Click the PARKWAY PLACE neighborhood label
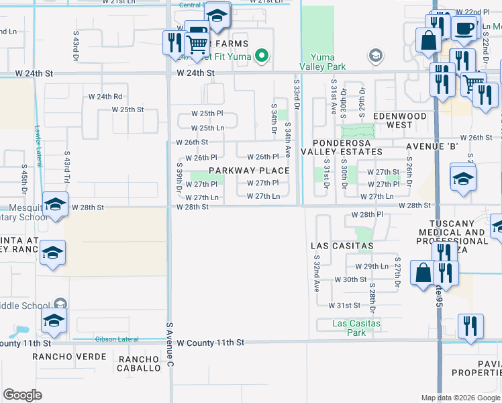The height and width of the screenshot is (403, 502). point(249,171)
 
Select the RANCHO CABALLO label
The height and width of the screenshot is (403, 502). point(140,363)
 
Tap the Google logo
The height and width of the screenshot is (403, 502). point(23,395)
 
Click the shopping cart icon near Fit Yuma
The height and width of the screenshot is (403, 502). point(196,45)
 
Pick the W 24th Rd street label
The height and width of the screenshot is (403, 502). point(105,97)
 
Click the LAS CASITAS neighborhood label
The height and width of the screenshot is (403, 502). point(342,246)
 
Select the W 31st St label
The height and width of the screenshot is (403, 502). point(345,305)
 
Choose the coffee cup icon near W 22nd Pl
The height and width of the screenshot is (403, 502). point(463,28)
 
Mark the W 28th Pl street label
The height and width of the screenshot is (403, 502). point(366,214)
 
